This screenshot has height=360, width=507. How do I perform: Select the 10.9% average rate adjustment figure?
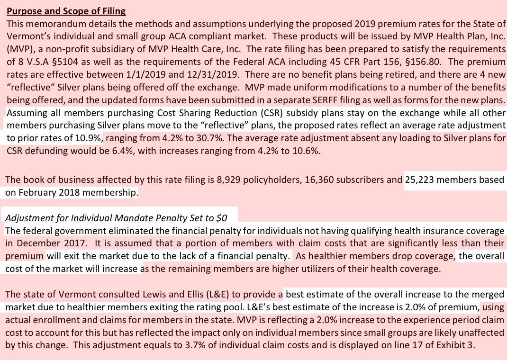point(89,138)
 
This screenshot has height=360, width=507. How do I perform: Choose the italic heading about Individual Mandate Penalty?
point(116,218)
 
